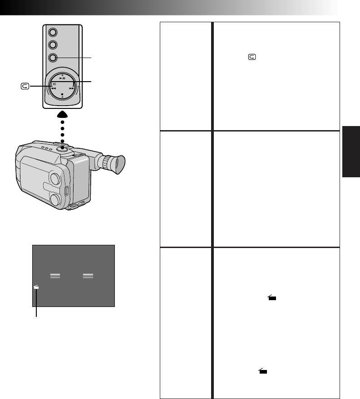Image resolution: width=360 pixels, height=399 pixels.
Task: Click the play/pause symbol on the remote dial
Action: pyautogui.click(x=62, y=78)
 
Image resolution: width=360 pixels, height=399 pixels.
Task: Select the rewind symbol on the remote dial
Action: pyautogui.click(x=53, y=89)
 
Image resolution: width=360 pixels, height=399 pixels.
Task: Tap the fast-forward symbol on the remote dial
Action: pyautogui.click(x=72, y=89)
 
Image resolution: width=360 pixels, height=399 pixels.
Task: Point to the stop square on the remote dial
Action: pyautogui.click(x=62, y=94)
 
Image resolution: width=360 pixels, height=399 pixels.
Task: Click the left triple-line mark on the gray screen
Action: pyautogui.click(x=55, y=276)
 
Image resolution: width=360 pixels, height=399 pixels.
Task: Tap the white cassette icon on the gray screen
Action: pyautogui.click(x=36, y=287)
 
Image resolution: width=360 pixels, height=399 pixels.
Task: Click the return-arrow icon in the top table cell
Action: pyautogui.click(x=252, y=58)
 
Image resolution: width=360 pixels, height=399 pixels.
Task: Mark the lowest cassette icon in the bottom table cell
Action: pyautogui.click(x=262, y=371)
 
